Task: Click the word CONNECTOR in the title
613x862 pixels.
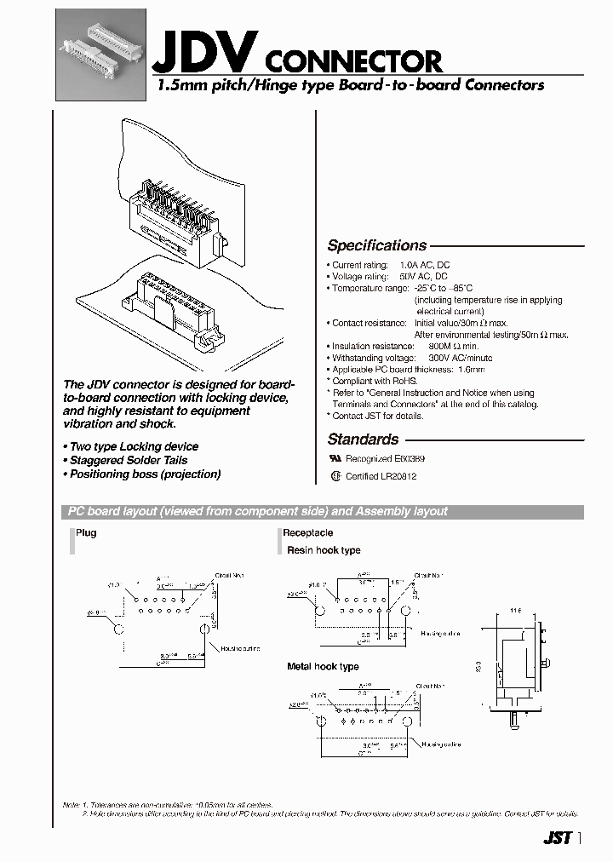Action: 353,60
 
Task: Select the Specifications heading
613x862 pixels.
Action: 376,245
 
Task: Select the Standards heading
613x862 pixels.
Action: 363,440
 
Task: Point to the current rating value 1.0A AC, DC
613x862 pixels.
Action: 425,266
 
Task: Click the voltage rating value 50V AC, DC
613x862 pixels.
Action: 422,277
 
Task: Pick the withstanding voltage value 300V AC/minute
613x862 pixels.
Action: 460,358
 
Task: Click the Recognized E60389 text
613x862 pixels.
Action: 384,458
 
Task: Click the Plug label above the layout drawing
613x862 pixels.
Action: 86,532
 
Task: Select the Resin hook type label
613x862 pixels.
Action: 324,550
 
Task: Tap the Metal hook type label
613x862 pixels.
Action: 323,666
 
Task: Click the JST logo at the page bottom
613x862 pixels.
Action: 556,838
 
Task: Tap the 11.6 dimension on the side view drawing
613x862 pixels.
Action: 515,612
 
